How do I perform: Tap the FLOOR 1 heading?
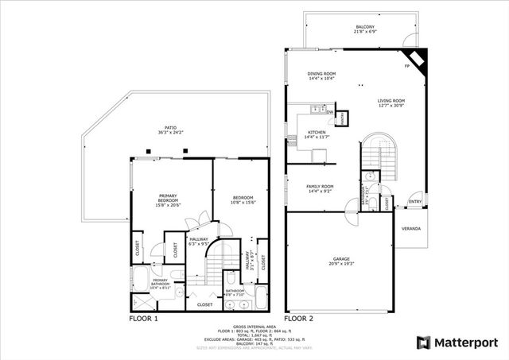144,318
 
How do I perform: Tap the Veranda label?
410,229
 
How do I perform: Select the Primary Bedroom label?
167,199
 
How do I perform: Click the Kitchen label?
317,134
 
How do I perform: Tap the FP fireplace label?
406,66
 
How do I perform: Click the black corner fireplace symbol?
417,60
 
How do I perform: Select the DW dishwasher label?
328,112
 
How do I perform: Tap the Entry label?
414,202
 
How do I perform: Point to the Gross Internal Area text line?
254,327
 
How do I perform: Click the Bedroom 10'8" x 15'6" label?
242,199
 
